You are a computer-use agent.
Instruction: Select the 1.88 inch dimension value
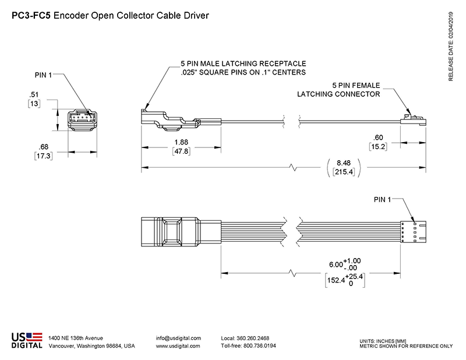[181, 142]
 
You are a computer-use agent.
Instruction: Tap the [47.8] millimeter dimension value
[181, 151]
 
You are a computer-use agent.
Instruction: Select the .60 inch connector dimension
[378, 137]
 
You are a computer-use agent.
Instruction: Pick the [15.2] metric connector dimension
[378, 147]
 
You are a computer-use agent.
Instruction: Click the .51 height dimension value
[34, 94]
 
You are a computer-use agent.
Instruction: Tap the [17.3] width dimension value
[44, 156]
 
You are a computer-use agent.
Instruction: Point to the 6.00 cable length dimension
[336, 264]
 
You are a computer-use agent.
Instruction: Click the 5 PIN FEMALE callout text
[355, 84]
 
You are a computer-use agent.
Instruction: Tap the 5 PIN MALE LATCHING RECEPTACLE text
[243, 63]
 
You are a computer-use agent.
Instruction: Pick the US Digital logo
[27, 340]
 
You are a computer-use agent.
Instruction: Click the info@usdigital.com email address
[178, 338]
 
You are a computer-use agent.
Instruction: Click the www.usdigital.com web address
[178, 345]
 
